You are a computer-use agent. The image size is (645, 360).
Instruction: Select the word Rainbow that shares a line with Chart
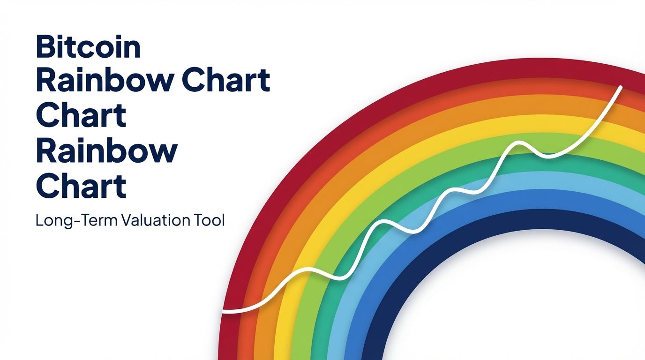(x=104, y=81)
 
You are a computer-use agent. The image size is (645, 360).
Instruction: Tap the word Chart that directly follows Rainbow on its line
(x=226, y=81)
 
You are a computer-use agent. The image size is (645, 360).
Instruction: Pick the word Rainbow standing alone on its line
(x=106, y=151)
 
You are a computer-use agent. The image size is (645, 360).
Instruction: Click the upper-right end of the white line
(x=621, y=87)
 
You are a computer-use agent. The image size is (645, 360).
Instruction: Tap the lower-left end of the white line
(x=224, y=311)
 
